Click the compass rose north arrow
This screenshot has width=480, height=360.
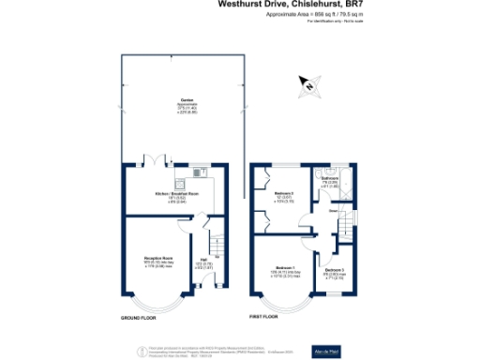click(x=307, y=86)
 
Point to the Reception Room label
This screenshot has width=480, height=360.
click(x=154, y=256)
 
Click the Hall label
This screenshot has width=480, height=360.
click(x=203, y=262)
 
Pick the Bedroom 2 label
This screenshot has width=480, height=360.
click(x=283, y=195)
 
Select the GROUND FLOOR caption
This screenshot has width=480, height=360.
click(x=139, y=319)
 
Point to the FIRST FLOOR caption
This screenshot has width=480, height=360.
click(x=265, y=319)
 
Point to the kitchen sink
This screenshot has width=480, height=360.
click(x=199, y=172)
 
